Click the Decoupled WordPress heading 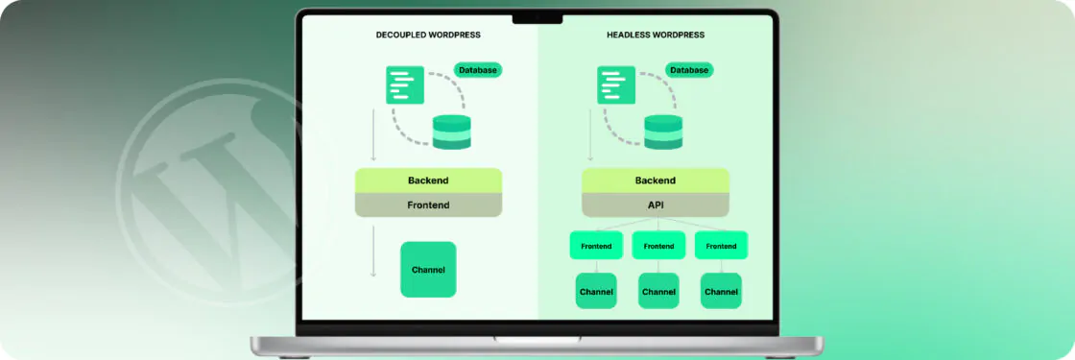(x=428, y=36)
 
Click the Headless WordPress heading (x=656, y=36)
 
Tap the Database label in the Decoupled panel (x=478, y=70)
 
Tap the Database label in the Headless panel (x=689, y=70)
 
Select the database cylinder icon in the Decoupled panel (x=452, y=132)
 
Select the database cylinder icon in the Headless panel (x=663, y=132)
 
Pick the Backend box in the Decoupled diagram (x=428, y=180)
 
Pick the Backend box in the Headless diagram (x=656, y=180)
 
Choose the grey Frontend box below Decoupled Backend (x=428, y=205)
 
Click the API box (x=656, y=205)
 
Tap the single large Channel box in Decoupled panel (x=428, y=271)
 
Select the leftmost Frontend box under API (x=596, y=246)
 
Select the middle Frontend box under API (x=658, y=246)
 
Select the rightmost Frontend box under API (x=721, y=246)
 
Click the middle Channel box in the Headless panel (x=658, y=291)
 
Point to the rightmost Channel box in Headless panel (x=721, y=291)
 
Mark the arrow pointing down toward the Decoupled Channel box (x=373, y=253)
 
